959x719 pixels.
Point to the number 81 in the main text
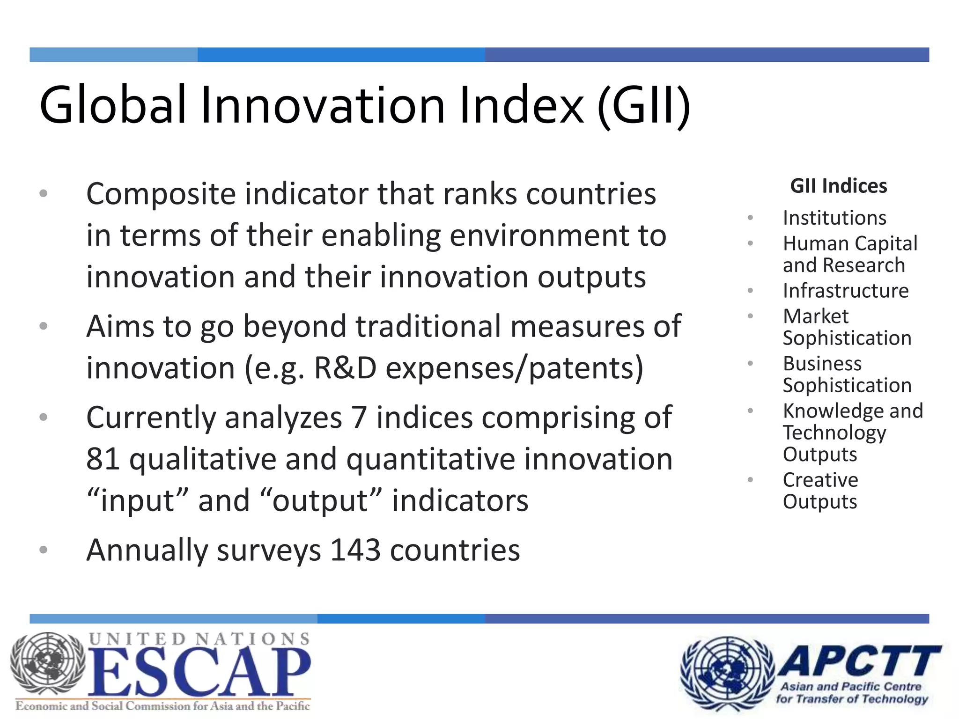[x=103, y=459]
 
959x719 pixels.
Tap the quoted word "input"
[x=138, y=500]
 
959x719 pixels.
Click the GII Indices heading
[x=838, y=186]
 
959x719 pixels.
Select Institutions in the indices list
[x=834, y=218]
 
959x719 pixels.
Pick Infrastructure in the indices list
[x=846, y=291]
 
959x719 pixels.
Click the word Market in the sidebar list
[x=816, y=316]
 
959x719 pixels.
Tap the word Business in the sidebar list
[x=822, y=364]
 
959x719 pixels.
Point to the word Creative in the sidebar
[x=820, y=480]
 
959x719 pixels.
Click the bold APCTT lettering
[x=860, y=661]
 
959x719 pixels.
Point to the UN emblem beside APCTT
[x=727, y=673]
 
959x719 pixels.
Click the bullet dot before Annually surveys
[x=44, y=550]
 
